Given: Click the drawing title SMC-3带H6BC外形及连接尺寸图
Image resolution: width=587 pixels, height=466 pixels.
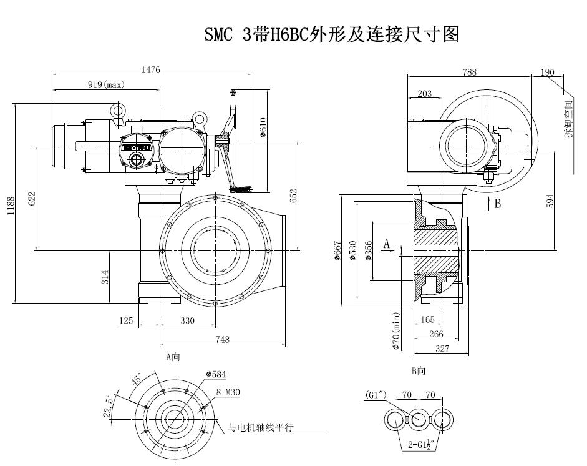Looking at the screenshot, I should coord(331,34).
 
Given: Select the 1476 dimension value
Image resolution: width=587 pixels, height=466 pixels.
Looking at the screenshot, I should coord(150,71).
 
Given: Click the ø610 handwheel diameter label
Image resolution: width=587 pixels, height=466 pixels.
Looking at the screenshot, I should coord(263,128).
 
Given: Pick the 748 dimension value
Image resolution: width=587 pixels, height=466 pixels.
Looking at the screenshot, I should coord(223,339).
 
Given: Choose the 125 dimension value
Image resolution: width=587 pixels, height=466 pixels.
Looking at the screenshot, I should coord(126,320).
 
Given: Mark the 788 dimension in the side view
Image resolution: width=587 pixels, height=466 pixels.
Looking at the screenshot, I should coord(469,72).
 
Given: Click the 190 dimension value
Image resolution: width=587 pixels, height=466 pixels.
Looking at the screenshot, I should coord(547,72).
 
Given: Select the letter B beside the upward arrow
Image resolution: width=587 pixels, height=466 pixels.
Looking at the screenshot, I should coord(497,203).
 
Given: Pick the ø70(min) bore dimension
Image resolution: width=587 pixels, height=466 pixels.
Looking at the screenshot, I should coord(395,332).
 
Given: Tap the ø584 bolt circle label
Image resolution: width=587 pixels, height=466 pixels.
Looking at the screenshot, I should coord(216,374).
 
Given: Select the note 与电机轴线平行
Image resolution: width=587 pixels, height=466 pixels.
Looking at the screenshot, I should coord(260,428).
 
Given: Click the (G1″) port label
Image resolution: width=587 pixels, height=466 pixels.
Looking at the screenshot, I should coord(376,395).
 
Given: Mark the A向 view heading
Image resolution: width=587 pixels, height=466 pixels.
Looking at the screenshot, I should coord(173,357).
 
